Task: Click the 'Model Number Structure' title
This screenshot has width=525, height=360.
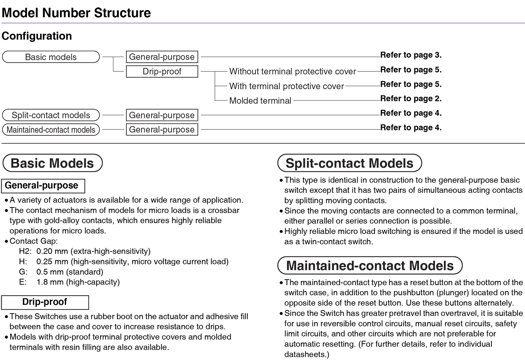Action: [76, 13]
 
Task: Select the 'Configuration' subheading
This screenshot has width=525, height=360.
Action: [36, 36]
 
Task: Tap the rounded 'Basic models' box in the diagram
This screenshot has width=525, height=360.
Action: [51, 57]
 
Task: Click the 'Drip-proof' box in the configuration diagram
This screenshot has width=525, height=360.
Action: [162, 71]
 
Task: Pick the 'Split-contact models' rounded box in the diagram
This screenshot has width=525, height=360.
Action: [51, 115]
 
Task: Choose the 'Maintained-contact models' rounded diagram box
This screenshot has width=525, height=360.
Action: [51, 130]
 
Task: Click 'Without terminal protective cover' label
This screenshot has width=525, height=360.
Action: [293, 71]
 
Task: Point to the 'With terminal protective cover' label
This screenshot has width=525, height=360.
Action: [286, 86]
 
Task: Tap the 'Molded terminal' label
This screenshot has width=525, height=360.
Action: [260, 101]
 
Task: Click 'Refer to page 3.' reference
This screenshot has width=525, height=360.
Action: [411, 55]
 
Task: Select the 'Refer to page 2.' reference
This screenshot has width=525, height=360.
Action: [411, 99]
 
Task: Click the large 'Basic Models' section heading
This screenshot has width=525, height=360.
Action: [52, 163]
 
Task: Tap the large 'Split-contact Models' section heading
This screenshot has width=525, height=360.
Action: [350, 163]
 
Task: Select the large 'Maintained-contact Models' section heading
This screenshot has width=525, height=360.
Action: [370, 266]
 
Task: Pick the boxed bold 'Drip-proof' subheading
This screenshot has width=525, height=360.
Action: [45, 302]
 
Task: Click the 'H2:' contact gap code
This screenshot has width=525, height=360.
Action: [25, 251]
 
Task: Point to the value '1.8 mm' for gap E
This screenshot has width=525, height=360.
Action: [50, 282]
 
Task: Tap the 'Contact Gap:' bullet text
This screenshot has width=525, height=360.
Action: [34, 241]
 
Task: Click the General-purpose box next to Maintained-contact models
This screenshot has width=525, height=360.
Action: [162, 130]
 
